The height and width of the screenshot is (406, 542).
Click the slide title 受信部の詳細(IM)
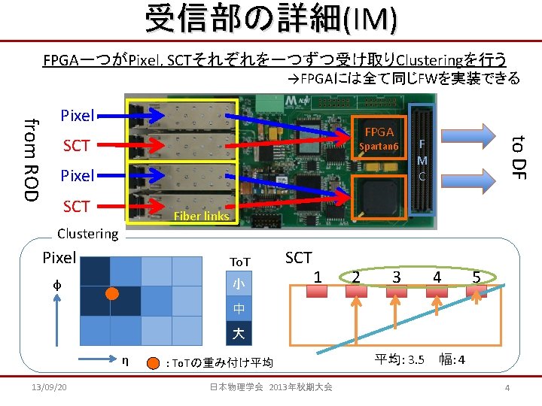(x=270, y=19)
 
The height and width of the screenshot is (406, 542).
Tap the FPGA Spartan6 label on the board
(x=379, y=138)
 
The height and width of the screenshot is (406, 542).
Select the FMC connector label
(x=422, y=159)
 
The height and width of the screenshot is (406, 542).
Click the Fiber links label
(x=201, y=217)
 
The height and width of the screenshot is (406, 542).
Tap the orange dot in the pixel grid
(x=111, y=293)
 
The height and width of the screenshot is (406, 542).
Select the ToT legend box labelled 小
(x=238, y=284)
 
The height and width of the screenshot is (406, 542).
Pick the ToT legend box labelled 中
(x=238, y=308)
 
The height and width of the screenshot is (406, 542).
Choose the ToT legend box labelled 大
(x=238, y=332)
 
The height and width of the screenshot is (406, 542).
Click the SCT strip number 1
(x=318, y=277)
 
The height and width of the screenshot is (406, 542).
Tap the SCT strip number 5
(x=476, y=277)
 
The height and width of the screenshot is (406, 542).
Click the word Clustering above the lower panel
(x=88, y=234)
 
